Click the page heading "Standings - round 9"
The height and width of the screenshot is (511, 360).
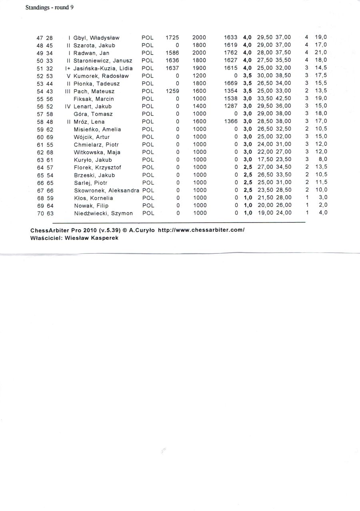[x=49, y=7]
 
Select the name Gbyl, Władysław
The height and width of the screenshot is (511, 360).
[x=96, y=38]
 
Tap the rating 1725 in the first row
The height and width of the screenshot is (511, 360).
[x=172, y=38]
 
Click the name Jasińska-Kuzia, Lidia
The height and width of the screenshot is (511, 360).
[x=103, y=68]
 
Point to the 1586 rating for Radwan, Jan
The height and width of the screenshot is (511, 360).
[x=172, y=53]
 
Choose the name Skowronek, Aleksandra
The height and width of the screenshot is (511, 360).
[x=106, y=190]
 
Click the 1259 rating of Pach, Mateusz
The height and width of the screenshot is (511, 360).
[x=172, y=91]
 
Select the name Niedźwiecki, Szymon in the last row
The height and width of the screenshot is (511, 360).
[x=103, y=213]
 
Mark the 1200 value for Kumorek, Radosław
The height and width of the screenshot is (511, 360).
[x=199, y=76]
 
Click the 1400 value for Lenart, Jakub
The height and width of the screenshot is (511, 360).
[x=199, y=106]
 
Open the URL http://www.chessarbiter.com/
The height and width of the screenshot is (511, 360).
[x=201, y=230]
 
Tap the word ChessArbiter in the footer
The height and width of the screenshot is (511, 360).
[x=48, y=230]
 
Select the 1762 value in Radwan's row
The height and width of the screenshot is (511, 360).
[x=231, y=53]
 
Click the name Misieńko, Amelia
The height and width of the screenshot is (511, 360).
[x=97, y=129]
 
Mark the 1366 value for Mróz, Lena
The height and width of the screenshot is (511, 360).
[x=231, y=121]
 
